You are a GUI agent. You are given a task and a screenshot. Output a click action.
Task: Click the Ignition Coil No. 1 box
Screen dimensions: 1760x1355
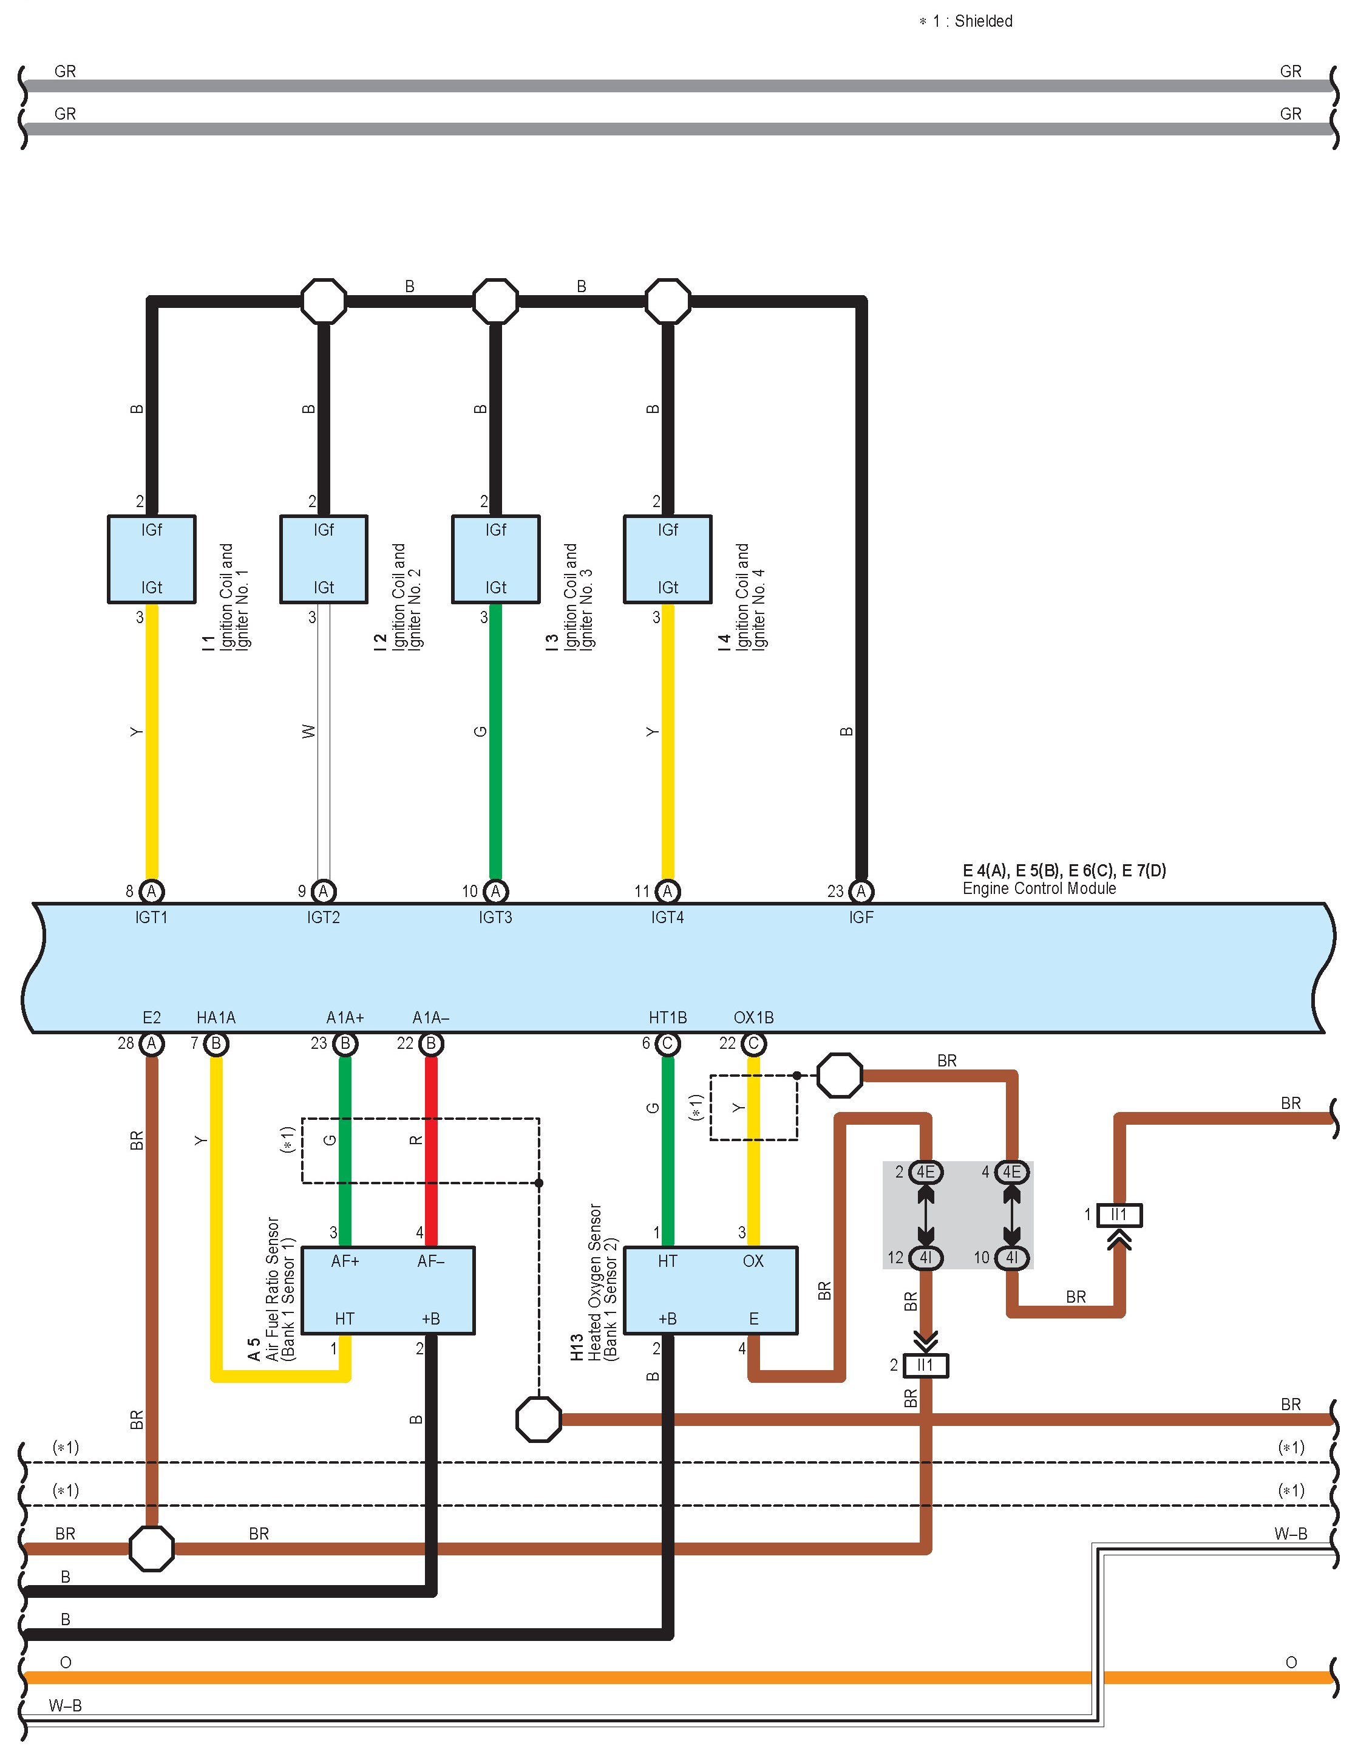coord(151,559)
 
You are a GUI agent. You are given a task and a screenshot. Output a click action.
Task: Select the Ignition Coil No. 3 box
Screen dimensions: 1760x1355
coord(495,559)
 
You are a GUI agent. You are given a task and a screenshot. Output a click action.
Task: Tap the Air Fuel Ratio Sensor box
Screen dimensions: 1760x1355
coord(387,1290)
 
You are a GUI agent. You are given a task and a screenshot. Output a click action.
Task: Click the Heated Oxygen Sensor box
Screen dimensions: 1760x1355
coord(710,1290)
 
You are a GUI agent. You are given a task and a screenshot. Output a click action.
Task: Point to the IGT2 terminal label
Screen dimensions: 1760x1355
coord(323,917)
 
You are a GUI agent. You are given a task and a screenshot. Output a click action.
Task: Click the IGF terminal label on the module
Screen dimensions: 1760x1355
coord(860,917)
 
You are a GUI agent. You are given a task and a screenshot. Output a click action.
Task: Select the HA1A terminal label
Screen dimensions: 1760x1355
coord(216,1018)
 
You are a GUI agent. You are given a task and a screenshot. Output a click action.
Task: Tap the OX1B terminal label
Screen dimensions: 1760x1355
coord(753,1018)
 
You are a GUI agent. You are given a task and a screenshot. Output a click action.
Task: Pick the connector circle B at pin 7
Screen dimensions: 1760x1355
coord(216,1043)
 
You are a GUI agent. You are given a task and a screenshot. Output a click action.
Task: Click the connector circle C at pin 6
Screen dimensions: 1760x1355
coord(667,1043)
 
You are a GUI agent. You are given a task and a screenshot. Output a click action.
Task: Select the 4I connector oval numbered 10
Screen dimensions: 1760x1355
coord(1012,1257)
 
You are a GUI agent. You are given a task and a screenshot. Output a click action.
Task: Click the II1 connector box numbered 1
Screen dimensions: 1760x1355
coord(1119,1215)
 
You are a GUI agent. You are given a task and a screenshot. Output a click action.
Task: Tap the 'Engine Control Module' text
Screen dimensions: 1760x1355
coord(1039,888)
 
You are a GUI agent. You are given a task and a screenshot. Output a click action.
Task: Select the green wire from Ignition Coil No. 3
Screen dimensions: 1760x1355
coord(495,742)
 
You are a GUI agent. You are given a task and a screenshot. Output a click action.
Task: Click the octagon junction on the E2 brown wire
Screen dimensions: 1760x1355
coord(151,1548)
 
